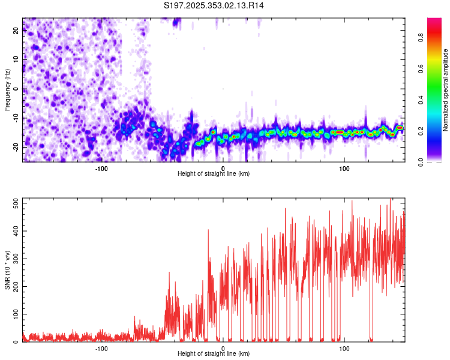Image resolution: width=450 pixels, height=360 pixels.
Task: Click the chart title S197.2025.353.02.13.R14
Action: point(214,5)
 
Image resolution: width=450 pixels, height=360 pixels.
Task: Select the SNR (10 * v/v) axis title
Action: point(7,269)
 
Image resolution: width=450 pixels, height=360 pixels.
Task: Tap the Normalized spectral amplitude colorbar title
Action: point(446,90)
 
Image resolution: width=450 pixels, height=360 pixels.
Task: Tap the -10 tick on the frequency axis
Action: point(16,118)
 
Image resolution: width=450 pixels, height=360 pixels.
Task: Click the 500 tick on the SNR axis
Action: point(14,203)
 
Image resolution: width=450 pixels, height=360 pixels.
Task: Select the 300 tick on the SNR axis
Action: point(14,259)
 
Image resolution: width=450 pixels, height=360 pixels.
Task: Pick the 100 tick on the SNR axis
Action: point(14,314)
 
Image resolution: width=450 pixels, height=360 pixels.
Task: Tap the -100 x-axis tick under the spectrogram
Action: point(101,168)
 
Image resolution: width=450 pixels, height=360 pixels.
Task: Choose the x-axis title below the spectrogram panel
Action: point(214,174)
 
